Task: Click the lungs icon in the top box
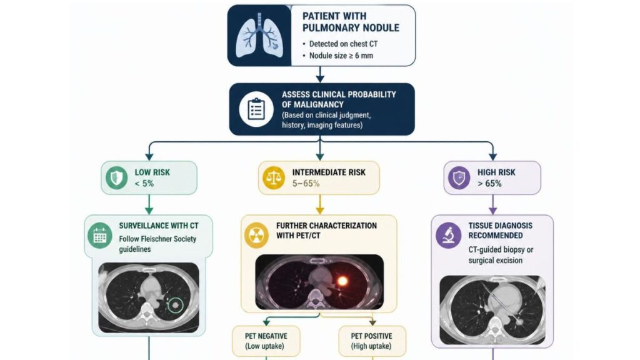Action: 259,36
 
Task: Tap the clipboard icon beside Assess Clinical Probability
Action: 256,109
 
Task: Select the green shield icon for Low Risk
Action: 117,178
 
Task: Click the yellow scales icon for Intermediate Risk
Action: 274,178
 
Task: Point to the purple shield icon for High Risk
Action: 459,178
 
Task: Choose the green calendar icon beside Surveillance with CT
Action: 100,236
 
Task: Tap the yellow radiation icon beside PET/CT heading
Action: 256,236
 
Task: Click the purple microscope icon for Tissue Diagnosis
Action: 448,236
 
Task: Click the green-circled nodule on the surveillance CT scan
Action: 176,304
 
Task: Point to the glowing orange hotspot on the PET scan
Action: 342,281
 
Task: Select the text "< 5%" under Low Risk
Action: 144,184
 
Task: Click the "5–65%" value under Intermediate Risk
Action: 306,184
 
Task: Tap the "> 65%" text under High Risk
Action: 489,184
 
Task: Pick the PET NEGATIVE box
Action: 266,341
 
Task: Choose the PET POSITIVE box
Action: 372,341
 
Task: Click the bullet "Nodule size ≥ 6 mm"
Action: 338,56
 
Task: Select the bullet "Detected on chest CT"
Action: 340,44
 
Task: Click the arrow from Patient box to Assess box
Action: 321,74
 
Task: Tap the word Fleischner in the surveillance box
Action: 157,239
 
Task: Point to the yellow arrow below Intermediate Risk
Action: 320,204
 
